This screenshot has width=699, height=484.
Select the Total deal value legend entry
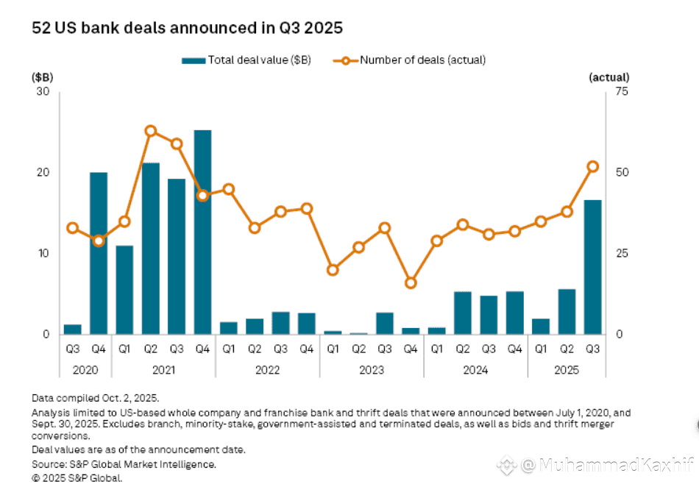pos(246,60)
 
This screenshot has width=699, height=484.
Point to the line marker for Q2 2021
pos(151,131)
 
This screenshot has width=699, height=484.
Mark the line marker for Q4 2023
pos(411,282)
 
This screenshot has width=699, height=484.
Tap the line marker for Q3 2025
pos(592,166)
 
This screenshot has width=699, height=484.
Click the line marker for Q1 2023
pos(333,270)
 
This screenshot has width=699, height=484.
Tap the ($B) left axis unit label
pos(41,77)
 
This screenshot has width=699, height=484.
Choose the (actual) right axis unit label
pos(608,77)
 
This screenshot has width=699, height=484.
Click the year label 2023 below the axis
pos(372,370)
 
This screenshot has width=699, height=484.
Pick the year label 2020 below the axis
pos(85,370)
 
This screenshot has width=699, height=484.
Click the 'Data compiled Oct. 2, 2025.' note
pos(96,398)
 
